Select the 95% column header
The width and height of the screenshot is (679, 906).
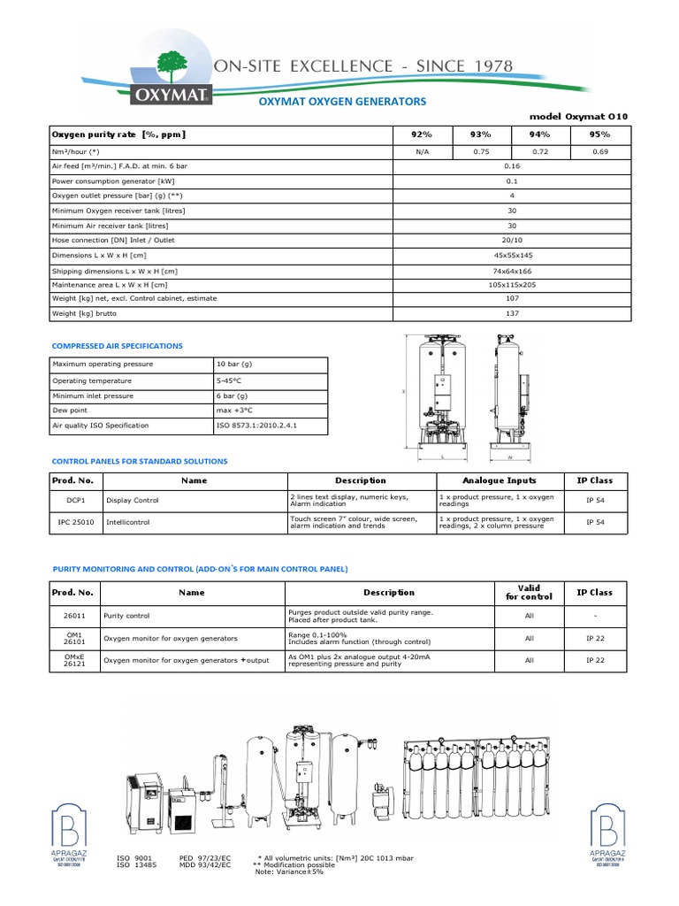pos(599,134)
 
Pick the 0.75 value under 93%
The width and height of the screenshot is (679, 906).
pos(481,152)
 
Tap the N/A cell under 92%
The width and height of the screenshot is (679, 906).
pos(421,152)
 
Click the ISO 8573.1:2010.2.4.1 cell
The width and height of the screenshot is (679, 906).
pos(256,426)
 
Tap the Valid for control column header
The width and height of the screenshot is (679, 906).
pos(529,592)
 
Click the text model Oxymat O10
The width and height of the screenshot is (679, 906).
pos(579,117)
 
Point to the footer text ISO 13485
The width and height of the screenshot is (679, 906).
pos(135,865)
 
